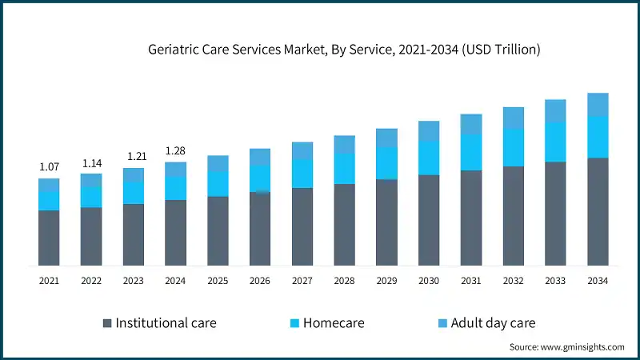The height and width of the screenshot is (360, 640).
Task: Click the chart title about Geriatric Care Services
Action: [344, 50]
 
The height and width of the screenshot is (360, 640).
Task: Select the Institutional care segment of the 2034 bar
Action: [598, 212]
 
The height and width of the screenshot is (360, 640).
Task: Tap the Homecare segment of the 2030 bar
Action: [429, 158]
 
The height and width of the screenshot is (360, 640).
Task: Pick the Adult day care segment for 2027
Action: [302, 150]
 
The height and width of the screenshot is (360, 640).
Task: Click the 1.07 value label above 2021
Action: [49, 166]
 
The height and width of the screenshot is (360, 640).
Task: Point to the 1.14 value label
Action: [91, 162]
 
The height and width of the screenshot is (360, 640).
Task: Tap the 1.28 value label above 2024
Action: [175, 150]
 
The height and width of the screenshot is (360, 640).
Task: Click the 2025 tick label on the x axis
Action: [218, 281]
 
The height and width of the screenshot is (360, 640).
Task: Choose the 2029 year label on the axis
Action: [386, 281]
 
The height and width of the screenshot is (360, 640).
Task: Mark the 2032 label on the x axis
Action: [514, 281]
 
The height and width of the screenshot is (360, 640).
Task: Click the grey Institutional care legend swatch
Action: [107, 323]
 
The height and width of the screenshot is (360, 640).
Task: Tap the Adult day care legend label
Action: [493, 323]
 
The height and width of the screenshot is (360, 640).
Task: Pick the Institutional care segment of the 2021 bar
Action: [49, 238]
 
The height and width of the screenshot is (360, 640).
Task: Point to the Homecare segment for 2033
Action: [555, 142]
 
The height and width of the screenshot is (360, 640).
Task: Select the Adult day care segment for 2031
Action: [471, 124]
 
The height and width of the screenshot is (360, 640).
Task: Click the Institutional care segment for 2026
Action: [260, 229]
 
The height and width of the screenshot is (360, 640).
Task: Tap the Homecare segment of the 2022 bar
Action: [91, 197]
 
